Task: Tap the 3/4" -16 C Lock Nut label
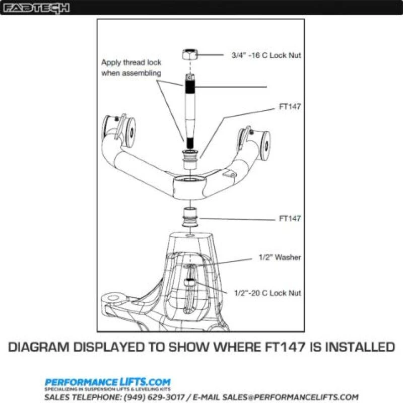tap(266, 55)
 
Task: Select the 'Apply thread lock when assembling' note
tap(131, 68)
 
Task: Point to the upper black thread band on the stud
tap(190, 87)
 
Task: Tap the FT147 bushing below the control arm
tap(189, 217)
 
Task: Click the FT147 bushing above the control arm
tap(189, 159)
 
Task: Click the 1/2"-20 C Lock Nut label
tap(267, 293)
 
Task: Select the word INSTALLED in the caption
tap(352, 347)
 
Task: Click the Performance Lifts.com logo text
tap(108, 382)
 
